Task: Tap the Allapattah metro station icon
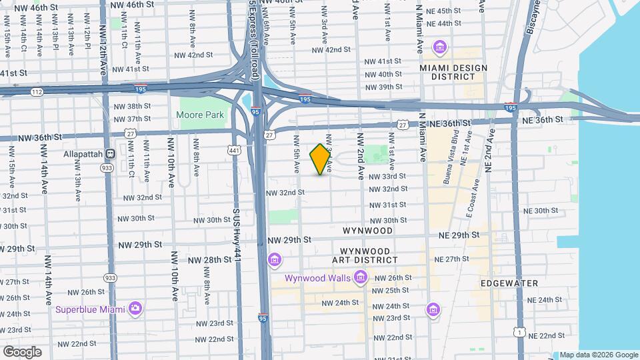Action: pyautogui.click(x=111, y=153)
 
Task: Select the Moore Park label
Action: pyautogui.click(x=200, y=115)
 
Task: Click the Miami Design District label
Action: pyautogui.click(x=453, y=72)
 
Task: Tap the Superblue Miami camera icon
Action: pyautogui.click(x=136, y=308)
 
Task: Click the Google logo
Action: pyautogui.click(x=22, y=351)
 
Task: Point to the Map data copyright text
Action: pyautogui.click(x=597, y=355)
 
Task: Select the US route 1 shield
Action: pyautogui.click(x=519, y=331)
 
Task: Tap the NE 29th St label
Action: pyautogui.click(x=459, y=235)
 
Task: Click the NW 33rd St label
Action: pyautogui.click(x=387, y=176)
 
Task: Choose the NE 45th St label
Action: pyautogui.click(x=444, y=11)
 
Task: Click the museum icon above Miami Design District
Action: pyautogui.click(x=439, y=47)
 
